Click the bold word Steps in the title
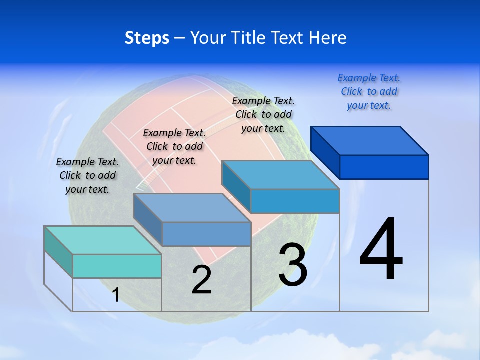147,38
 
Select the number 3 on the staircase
293,265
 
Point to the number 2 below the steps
201,280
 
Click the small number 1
116,295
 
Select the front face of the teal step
117,266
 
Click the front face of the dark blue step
384,167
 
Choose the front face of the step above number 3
295,201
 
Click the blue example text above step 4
369,91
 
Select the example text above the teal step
87,175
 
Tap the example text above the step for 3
263,114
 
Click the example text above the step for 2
174,146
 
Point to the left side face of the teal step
58,252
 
